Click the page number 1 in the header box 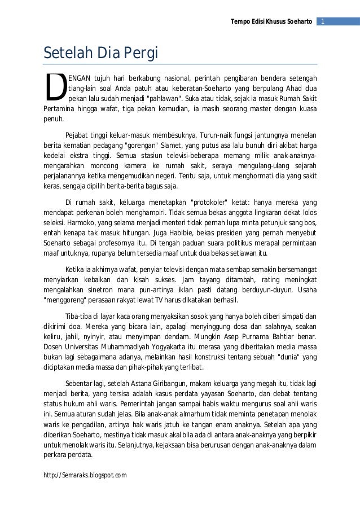pyautogui.click(x=323, y=21)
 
